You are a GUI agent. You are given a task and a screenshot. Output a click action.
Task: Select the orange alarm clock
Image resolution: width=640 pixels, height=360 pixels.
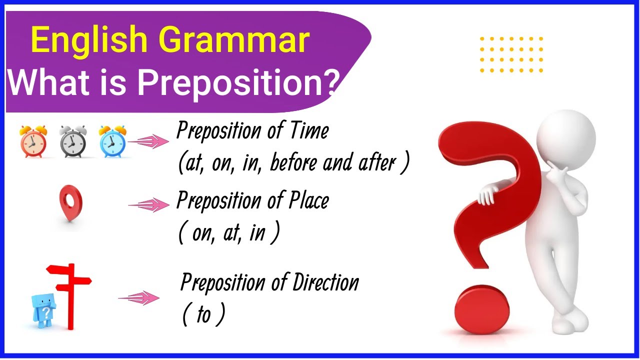pyautogui.click(x=33, y=141)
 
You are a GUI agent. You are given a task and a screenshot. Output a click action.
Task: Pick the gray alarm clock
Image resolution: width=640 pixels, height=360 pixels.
pyautogui.click(x=72, y=141)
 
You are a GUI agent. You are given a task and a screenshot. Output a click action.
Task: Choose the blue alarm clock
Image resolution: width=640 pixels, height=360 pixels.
pyautogui.click(x=112, y=141)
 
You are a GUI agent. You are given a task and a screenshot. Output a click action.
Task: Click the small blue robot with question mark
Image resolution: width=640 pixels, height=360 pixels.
pyautogui.click(x=43, y=310)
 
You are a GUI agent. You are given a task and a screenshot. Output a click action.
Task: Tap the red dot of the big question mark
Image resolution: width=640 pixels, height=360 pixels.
pyautogui.click(x=482, y=307)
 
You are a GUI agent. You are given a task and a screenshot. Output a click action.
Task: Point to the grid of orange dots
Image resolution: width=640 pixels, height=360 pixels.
pyautogui.click(x=511, y=54)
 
